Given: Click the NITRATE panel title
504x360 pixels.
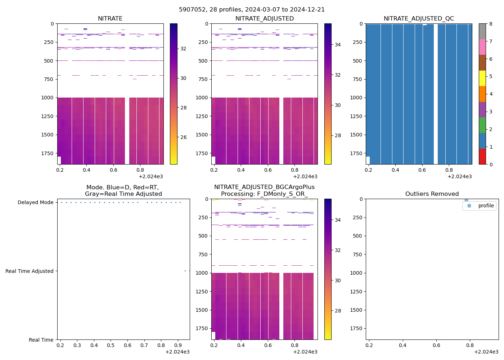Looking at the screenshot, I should [x=110, y=19].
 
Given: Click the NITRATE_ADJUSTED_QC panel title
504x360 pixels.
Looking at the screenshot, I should [x=419, y=19].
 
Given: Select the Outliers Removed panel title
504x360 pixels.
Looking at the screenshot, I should [x=432, y=194].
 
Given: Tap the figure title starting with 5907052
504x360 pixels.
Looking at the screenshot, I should [x=252, y=10].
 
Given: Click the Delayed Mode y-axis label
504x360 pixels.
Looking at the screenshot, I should [x=36, y=203].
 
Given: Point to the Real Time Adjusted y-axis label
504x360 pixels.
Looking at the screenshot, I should [x=30, y=271].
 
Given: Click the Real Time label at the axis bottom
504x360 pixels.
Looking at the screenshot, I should [x=41, y=340].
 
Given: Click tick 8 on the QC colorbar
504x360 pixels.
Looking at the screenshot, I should [x=491, y=24].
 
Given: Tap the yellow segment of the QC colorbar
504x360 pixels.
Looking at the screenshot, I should [x=482, y=78].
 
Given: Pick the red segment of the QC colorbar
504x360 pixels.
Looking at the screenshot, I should [x=482, y=157].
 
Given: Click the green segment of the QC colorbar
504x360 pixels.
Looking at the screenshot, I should [x=482, y=125].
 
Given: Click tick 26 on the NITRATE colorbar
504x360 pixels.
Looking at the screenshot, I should [x=183, y=137].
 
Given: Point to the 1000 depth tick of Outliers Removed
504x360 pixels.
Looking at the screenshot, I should [x=356, y=273].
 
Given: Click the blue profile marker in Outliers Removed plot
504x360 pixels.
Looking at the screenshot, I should [x=466, y=200].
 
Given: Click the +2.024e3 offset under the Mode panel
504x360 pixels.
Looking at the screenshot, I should [x=177, y=352].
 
